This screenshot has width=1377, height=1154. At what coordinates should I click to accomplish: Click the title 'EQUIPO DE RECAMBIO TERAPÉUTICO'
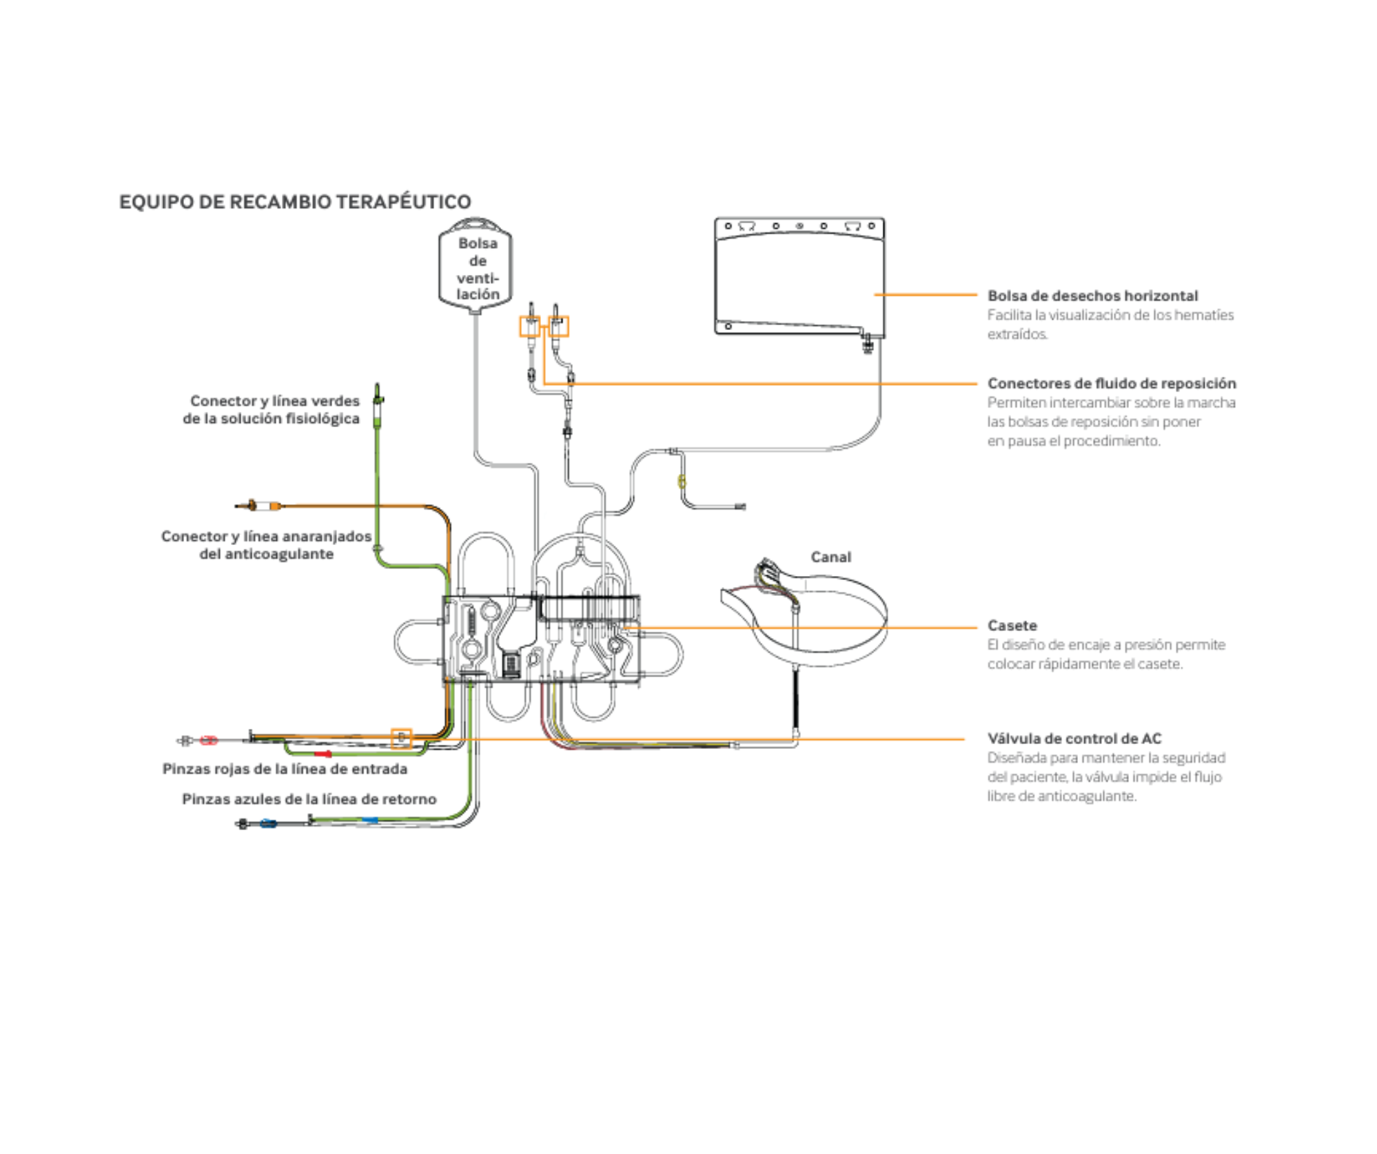(295, 202)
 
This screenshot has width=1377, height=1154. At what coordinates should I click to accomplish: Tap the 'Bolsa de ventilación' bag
(476, 265)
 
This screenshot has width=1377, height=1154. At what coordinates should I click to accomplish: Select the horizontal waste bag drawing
(799, 279)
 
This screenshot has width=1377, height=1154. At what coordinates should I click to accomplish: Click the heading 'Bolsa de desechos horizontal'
(1092, 296)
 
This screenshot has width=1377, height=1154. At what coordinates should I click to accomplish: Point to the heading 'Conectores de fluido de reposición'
(1112, 383)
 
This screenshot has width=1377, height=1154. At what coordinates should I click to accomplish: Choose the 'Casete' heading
(1012, 626)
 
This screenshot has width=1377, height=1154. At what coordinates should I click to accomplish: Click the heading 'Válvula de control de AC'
(1074, 739)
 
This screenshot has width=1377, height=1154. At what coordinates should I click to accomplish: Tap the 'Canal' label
(830, 557)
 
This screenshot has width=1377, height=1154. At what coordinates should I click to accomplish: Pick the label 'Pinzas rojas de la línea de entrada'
(285, 769)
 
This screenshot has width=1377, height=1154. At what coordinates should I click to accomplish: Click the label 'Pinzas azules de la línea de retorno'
(309, 799)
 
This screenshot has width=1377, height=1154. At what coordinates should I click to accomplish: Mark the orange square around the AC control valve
(401, 739)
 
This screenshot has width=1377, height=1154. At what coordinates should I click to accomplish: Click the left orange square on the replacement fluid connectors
(529, 327)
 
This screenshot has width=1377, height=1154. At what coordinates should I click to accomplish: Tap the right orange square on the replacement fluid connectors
(558, 327)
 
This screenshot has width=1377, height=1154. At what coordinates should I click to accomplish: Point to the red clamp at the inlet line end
(209, 741)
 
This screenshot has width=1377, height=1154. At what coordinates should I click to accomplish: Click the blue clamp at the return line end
(268, 823)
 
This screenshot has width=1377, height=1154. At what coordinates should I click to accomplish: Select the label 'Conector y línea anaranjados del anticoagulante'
(267, 545)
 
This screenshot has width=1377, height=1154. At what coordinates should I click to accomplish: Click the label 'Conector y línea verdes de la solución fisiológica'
(272, 410)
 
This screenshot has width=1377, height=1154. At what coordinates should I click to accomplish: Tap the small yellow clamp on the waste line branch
(682, 482)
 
